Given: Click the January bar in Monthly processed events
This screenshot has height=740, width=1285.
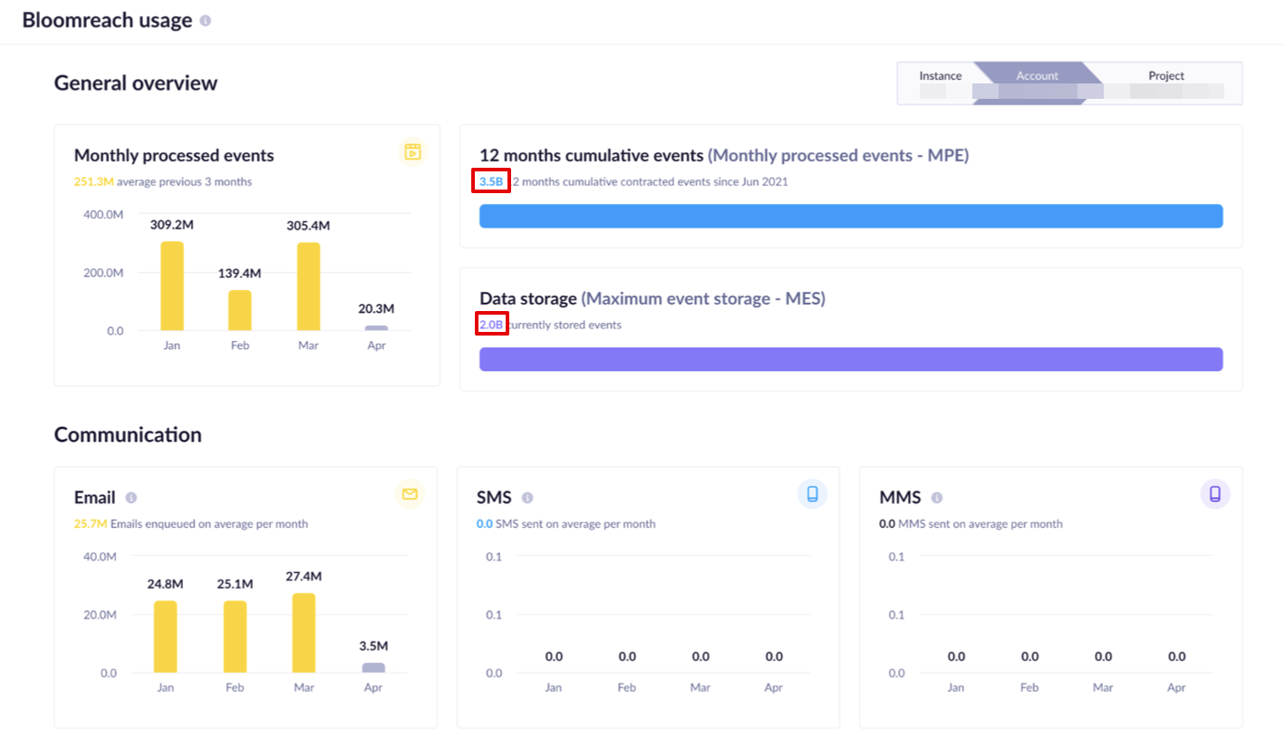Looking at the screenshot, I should point(172,286).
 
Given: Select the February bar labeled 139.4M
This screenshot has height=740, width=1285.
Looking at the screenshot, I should point(239,310).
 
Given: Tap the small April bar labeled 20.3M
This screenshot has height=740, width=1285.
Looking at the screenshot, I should point(376,327).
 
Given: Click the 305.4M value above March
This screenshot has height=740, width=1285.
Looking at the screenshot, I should point(308,226).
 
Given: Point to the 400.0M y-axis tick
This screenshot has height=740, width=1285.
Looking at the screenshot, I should point(102,215).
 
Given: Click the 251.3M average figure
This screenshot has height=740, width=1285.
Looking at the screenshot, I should point(93,181).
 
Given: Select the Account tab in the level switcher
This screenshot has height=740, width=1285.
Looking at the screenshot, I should point(1037,76).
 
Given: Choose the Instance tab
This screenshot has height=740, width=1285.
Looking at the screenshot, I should point(940,76).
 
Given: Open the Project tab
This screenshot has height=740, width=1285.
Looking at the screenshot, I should point(1166,76).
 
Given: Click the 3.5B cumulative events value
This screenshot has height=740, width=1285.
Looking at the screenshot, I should point(491,181).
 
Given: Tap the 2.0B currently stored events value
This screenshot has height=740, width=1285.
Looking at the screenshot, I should point(491,325).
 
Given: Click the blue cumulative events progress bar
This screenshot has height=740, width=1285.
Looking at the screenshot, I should point(850,216).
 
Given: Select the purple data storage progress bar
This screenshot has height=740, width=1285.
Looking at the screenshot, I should point(850,359).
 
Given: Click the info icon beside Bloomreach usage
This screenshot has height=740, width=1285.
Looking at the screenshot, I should point(206,21).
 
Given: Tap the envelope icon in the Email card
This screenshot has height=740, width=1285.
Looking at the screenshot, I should point(410,494).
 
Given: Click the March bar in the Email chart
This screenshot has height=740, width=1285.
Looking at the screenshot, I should point(304,633).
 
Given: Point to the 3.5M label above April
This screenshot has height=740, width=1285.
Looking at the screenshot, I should point(373,647).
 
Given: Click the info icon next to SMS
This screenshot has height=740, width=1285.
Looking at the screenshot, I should point(527,498).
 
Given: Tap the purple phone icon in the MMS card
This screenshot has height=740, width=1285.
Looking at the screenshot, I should point(1215,494).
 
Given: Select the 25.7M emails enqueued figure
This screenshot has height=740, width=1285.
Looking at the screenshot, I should point(90,524).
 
